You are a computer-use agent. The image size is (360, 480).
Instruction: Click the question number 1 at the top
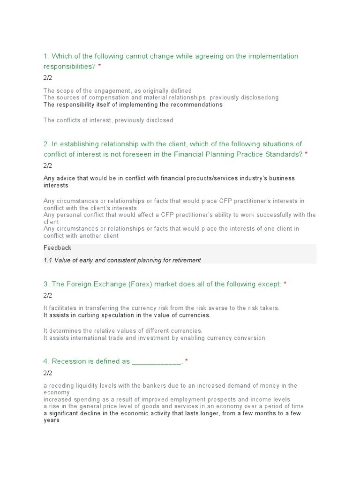point(45,56)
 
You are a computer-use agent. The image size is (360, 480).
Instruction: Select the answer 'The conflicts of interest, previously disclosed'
point(108,120)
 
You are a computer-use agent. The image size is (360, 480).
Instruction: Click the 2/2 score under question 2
point(48,165)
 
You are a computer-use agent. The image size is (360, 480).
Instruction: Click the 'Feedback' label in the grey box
point(57,247)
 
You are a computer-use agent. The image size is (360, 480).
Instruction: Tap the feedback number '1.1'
point(48,260)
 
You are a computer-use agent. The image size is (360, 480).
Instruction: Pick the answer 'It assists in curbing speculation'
point(127,315)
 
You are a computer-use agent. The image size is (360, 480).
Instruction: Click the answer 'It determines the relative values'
point(123,331)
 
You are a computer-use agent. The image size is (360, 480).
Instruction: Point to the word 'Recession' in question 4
point(69,361)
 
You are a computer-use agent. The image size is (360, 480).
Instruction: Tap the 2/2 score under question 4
point(48,373)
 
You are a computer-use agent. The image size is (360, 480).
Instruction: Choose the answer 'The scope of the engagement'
point(118,91)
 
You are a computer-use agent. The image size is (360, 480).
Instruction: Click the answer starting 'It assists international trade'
point(155,338)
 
